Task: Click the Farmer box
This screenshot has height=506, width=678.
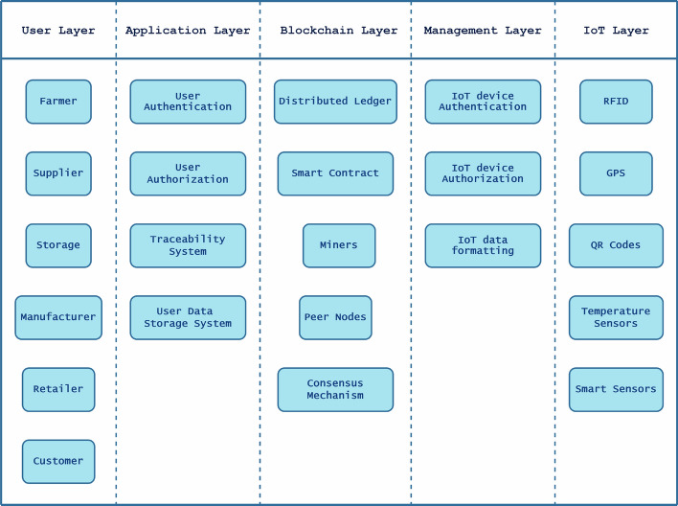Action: (58, 102)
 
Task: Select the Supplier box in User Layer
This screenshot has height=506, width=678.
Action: (58, 173)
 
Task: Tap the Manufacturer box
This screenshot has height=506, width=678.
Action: (58, 317)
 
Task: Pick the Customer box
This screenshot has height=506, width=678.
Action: (58, 461)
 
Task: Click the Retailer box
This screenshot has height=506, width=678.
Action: (58, 389)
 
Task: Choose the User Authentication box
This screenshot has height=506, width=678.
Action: (188, 102)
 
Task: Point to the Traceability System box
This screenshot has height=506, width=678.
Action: (188, 245)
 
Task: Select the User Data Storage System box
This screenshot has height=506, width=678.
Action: (188, 317)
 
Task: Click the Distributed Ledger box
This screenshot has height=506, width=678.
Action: (335, 102)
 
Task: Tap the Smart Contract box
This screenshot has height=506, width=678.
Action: (335, 173)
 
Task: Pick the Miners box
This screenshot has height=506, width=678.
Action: (339, 245)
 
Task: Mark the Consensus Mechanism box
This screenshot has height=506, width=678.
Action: (335, 389)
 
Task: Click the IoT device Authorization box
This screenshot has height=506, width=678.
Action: (483, 173)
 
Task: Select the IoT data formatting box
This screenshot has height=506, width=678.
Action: (483, 245)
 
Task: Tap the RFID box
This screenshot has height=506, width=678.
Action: (616, 102)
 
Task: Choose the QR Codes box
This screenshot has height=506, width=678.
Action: (616, 245)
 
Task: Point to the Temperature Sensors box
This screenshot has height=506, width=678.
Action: (616, 317)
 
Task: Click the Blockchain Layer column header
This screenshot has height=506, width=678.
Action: (339, 31)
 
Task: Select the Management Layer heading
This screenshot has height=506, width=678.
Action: (483, 31)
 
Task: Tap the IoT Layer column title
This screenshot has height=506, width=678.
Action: (616, 31)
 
